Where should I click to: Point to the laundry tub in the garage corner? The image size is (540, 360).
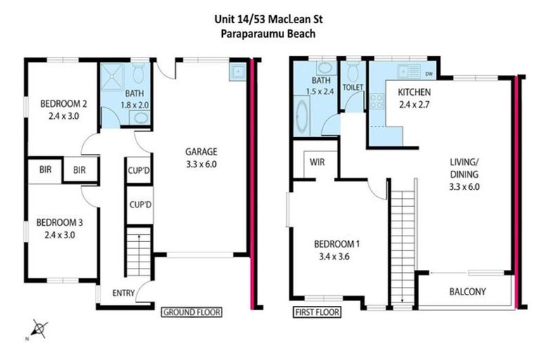pos(237,71)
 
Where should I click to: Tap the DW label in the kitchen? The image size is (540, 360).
pos(428,73)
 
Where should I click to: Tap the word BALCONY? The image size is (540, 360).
pos(467,292)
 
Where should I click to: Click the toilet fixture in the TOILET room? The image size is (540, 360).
pos(352,72)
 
